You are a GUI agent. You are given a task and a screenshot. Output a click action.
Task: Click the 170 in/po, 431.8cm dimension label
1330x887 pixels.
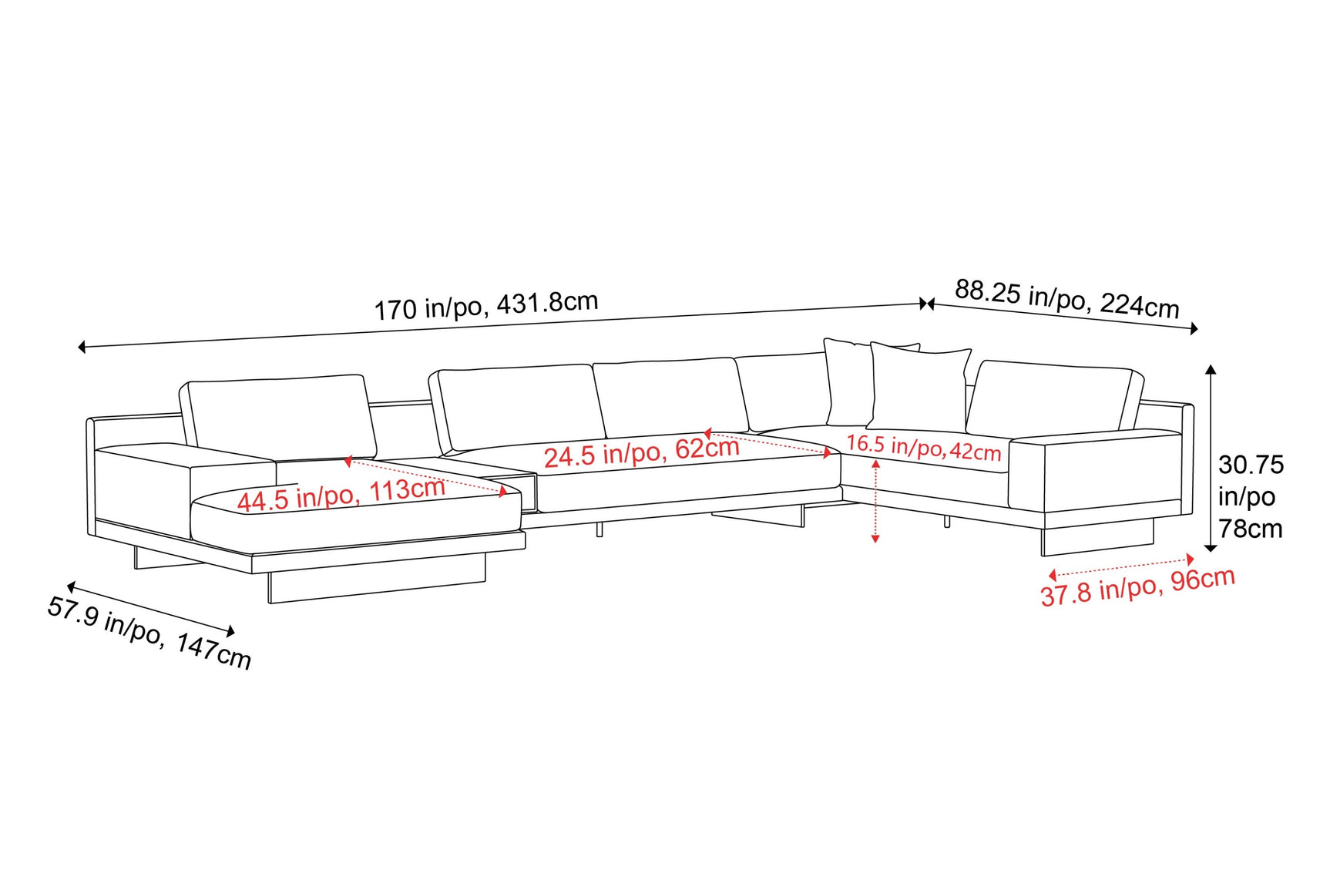coord(485,305)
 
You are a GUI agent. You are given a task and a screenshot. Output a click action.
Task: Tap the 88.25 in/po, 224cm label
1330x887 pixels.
coord(1066,299)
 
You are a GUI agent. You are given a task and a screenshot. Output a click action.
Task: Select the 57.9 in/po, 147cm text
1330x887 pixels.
coord(149,633)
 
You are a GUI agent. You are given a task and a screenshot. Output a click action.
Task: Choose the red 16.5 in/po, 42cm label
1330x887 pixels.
coord(923,447)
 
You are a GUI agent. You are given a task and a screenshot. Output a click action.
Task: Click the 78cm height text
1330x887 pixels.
coord(1250,529)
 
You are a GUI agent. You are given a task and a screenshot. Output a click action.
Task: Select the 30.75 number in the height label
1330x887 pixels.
coord(1251,465)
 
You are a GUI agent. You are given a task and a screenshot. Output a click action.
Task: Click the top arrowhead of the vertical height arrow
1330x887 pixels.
coord(1211,369)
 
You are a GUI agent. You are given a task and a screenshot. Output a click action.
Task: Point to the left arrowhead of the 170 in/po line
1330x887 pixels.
coord(82,347)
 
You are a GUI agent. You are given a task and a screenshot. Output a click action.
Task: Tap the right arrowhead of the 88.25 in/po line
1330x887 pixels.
coord(1194,329)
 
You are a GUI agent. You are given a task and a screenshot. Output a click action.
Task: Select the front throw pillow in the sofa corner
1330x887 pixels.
coord(919,388)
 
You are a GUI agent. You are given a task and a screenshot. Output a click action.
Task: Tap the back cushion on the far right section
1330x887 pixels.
coord(1053,399)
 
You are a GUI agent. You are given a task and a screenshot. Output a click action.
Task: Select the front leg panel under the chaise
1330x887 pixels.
coord(376,584)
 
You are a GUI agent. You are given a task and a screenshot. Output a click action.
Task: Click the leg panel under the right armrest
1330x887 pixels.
coord(1097,539)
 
